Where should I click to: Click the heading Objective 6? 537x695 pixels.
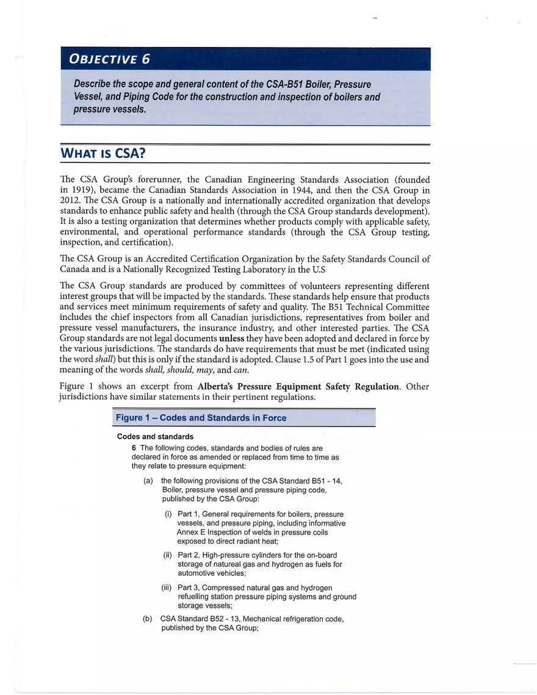click(109, 59)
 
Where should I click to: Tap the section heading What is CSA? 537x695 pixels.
click(103, 153)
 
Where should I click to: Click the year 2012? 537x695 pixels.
click(71, 201)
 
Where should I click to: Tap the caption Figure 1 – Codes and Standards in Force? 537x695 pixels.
click(201, 418)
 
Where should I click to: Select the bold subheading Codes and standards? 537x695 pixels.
click(155, 437)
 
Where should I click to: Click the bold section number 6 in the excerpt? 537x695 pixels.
click(134, 448)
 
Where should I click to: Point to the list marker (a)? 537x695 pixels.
click(148, 481)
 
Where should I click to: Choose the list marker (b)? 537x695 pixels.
click(148, 619)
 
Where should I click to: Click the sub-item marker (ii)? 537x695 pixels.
click(168, 555)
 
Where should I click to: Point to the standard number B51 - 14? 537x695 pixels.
click(324, 481)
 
